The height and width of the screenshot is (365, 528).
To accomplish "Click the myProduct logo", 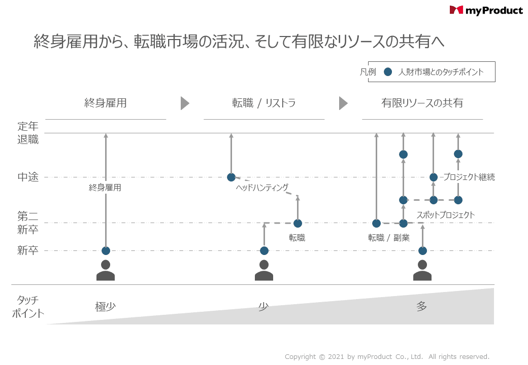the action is pyautogui.click(x=486, y=11).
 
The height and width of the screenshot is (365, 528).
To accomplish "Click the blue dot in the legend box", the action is pyautogui.click(x=388, y=71).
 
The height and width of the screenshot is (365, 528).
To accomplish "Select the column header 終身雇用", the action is pyautogui.click(x=106, y=103).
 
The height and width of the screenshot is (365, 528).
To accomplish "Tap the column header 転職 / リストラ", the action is pyautogui.click(x=263, y=103).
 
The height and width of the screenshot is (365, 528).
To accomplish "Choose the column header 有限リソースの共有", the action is pyautogui.click(x=422, y=103).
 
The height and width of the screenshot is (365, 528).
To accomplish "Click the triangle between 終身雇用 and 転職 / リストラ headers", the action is pyautogui.click(x=185, y=103).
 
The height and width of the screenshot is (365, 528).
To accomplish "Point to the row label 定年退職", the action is pyautogui.click(x=28, y=133).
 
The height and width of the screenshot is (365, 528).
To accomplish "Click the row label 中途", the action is pyautogui.click(x=28, y=177).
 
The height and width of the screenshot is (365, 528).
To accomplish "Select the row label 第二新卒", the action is pyautogui.click(x=28, y=223).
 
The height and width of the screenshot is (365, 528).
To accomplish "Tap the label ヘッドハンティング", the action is pyautogui.click(x=262, y=188).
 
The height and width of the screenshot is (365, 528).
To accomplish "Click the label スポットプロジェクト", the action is pyautogui.click(x=446, y=215).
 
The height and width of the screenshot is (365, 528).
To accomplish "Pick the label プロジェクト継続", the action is pyautogui.click(x=469, y=177).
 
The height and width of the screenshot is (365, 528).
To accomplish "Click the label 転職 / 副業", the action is pyautogui.click(x=388, y=238).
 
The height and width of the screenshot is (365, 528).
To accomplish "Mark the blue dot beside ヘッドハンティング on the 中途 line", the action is pyautogui.click(x=231, y=177).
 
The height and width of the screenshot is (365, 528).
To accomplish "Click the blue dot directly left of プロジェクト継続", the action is pyautogui.click(x=434, y=177).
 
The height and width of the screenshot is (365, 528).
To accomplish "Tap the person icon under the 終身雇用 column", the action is pyautogui.click(x=106, y=270).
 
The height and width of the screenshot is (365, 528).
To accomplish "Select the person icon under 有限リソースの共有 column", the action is pyautogui.click(x=422, y=270).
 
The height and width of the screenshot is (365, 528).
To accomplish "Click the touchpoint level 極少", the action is pyautogui.click(x=106, y=307).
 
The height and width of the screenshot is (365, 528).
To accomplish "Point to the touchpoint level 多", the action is pyautogui.click(x=422, y=306).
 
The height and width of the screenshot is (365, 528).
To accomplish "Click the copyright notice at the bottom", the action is pyautogui.click(x=387, y=356).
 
